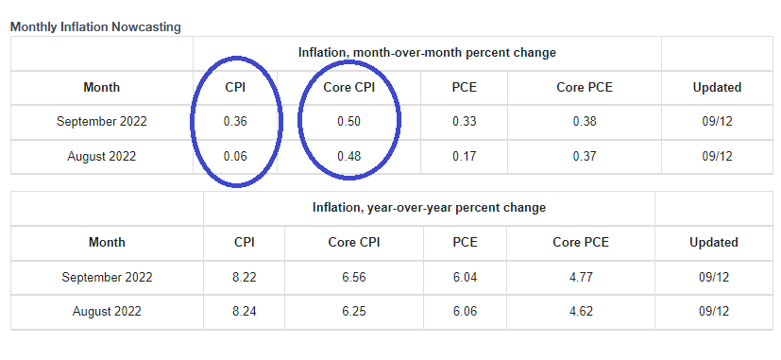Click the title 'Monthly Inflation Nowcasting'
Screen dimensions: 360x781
point(95,26)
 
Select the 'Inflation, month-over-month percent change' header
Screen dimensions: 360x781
point(427,52)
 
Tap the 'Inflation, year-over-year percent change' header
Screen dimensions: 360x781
point(429,207)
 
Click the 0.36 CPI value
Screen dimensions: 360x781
point(235,122)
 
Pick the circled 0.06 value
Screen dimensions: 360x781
point(235,156)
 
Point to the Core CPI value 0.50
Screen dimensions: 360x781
point(348,122)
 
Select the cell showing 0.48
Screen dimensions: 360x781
point(348,156)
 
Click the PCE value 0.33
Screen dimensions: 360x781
point(464,122)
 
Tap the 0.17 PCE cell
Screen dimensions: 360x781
point(464,156)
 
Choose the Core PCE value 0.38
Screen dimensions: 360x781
point(585,122)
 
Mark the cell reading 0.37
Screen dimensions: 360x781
point(585,156)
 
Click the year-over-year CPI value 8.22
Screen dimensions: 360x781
point(245,277)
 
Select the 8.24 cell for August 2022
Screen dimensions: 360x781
point(245,311)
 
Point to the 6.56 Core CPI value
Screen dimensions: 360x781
point(354,277)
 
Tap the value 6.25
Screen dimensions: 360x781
point(354,311)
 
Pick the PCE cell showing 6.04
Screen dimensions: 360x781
point(464,277)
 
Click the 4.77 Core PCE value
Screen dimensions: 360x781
point(581,277)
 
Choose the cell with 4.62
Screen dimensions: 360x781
point(581,311)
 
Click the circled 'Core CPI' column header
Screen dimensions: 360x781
point(348,87)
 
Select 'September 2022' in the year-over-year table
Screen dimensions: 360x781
point(107,277)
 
